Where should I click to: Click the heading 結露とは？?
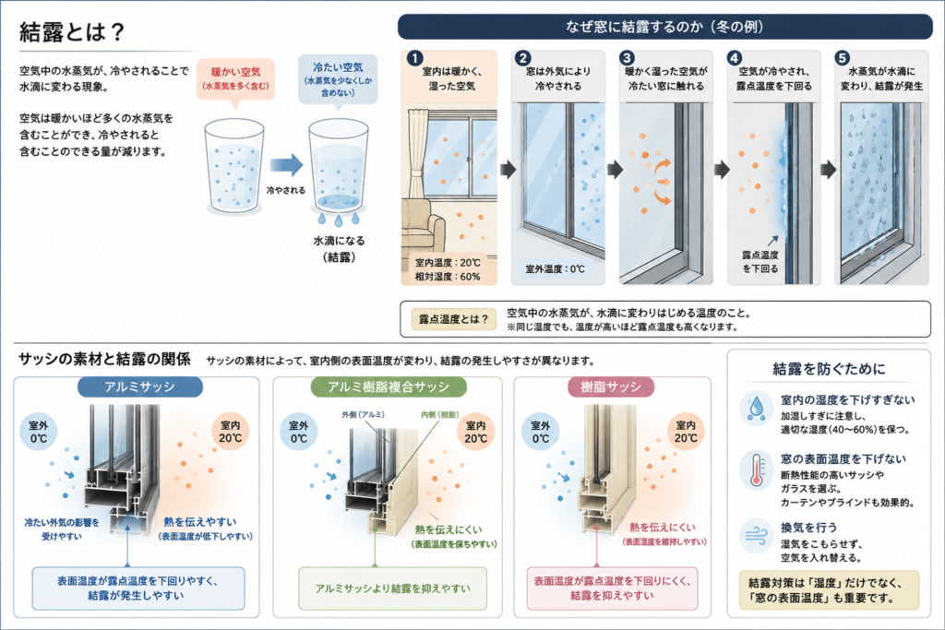(72, 32)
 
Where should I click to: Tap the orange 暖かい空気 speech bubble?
(235, 79)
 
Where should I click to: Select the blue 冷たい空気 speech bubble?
(338, 80)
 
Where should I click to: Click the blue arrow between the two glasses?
(286, 165)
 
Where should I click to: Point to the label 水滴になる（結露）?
(339, 249)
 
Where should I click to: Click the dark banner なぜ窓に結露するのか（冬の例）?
(664, 27)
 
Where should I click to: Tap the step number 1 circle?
(414, 58)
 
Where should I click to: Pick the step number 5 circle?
(842, 58)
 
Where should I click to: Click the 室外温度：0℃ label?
(555, 268)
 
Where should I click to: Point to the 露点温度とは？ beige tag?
(454, 319)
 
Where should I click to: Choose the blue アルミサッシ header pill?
(140, 386)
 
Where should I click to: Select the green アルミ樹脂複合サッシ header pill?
(389, 386)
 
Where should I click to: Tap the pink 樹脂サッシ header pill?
(611, 386)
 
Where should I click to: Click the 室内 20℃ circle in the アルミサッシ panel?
(230, 432)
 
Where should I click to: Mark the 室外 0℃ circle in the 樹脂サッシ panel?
(541, 432)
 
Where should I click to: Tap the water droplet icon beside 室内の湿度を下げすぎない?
(757, 407)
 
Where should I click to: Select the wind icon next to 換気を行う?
(757, 535)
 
